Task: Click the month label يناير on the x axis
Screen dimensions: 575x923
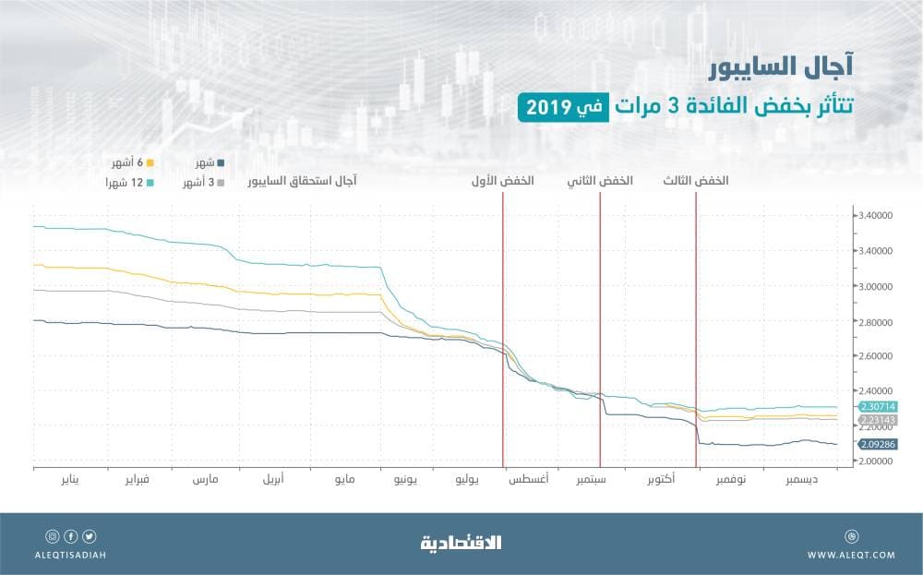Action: coord(69,481)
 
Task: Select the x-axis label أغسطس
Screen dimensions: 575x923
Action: coord(529,481)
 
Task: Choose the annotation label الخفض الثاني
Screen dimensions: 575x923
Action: coord(600,182)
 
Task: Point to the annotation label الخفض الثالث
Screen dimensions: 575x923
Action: coord(696,182)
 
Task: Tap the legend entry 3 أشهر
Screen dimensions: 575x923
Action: coord(209,183)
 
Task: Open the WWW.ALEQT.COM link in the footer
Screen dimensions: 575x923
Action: coord(850,555)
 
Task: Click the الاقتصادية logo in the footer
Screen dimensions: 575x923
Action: coord(461,542)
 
